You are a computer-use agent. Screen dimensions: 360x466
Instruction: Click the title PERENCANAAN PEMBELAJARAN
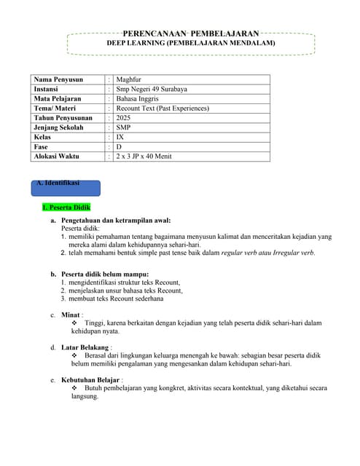[191, 33]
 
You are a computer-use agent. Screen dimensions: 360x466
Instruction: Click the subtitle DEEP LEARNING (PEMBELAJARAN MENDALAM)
[191, 44]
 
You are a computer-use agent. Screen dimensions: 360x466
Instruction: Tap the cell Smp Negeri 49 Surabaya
[152, 90]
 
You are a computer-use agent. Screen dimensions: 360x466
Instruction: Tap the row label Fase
[41, 146]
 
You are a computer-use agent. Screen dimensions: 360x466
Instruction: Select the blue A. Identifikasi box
[65, 186]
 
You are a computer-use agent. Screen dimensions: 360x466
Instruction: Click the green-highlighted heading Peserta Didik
[66, 208]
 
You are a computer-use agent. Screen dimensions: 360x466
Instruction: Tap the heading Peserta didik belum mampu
[107, 274]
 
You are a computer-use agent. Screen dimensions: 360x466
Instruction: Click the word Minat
[71, 315]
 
